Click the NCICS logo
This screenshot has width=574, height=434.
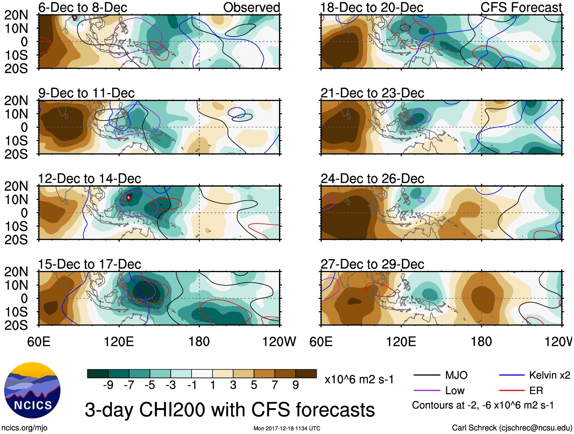point(32,390)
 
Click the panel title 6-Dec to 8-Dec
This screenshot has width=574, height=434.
point(82,8)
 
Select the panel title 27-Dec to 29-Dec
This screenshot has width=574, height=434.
point(372,264)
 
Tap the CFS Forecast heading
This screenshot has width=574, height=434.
point(521,8)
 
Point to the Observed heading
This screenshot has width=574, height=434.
point(251,8)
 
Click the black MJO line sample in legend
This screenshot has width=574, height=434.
point(427,375)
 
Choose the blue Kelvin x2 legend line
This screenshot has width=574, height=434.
point(512,375)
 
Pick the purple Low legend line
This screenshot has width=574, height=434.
point(427,391)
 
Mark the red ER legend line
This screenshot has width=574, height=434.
point(512,391)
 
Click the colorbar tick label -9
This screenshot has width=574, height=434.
point(108,385)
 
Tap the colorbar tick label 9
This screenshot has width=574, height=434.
point(295,385)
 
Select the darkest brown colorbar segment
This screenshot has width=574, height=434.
point(306,374)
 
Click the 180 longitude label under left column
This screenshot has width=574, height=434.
point(199,342)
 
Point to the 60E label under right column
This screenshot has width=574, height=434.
point(321,342)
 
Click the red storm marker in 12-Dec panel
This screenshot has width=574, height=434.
point(129,197)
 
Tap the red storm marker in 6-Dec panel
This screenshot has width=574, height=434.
point(75,17)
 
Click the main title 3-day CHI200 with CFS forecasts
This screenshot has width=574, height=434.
point(230,410)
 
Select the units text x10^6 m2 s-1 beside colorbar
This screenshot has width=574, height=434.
point(359,379)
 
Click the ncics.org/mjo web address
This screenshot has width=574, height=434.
point(25,428)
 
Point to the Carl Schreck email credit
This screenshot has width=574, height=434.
point(512,428)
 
